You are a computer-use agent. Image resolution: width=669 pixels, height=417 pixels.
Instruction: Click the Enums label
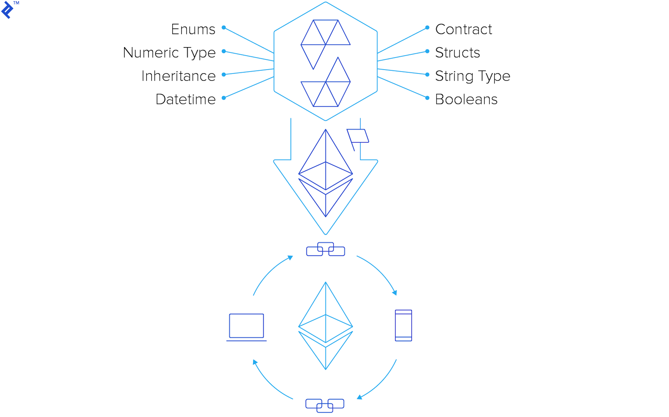tap(193, 30)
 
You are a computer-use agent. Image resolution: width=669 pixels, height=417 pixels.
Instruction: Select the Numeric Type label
tap(169, 53)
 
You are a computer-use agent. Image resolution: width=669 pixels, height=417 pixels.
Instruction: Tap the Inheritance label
tap(178, 76)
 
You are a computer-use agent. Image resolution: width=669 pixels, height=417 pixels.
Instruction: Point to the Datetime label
tap(186, 100)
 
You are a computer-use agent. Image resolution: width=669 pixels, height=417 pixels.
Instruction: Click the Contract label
tap(463, 30)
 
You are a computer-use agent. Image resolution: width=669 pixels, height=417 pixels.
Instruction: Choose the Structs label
tap(457, 53)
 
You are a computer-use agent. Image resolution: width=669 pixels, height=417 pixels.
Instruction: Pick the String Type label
tap(472, 76)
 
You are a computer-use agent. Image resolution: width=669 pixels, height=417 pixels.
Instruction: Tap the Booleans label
tap(466, 100)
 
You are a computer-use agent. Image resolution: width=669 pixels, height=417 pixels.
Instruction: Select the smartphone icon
tap(403, 326)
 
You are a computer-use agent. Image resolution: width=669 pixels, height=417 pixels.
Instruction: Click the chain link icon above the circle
tap(326, 249)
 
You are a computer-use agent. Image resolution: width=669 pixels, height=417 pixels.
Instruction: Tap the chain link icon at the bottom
tap(325, 405)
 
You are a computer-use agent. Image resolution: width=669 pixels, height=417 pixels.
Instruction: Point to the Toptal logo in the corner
tap(8, 9)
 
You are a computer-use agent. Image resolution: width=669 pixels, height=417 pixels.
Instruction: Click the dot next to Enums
tap(224, 28)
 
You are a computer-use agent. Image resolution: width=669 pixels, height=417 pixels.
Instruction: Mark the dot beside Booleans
tap(427, 98)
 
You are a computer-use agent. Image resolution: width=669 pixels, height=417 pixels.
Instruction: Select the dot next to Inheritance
tap(224, 74)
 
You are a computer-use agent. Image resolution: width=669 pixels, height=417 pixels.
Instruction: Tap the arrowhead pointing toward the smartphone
tap(394, 292)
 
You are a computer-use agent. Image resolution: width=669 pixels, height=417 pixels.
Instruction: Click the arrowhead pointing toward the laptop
tap(255, 362)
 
